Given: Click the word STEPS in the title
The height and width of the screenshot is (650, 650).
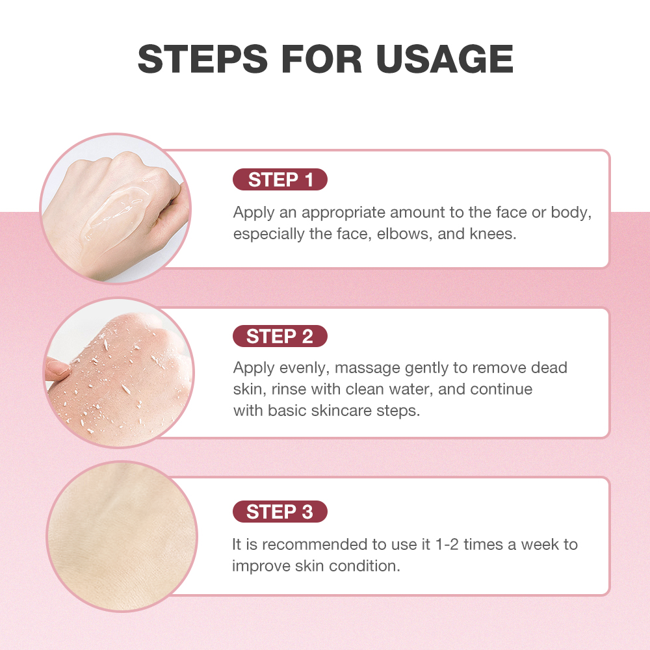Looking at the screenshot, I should tap(202, 59).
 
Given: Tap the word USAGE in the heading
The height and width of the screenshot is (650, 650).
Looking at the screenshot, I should tap(445, 59).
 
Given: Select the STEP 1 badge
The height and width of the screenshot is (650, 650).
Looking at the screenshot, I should tap(280, 180).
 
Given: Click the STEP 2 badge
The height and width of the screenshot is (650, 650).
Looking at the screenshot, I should tap(280, 336).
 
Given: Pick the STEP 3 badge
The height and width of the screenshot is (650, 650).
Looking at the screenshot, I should tap(280, 512).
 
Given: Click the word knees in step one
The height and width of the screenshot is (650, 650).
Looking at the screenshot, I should tap(492, 234).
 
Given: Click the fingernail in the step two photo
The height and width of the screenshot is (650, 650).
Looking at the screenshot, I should tap(58, 370).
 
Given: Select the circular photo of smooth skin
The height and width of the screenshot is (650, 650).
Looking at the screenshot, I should tap(121, 536).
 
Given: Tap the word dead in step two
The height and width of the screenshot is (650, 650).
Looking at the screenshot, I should tap(549, 368).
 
